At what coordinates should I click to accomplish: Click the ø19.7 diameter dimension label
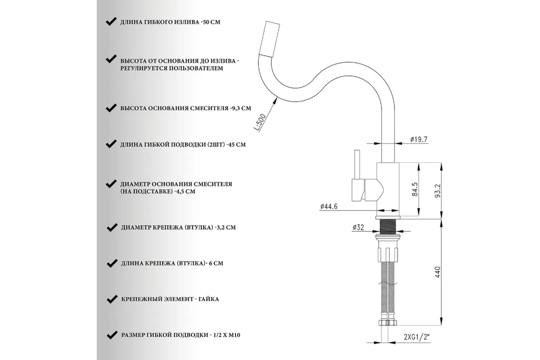coord(419,139)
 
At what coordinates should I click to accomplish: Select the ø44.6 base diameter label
coord(329,207)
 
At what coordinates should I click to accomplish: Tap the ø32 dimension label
coord(358,227)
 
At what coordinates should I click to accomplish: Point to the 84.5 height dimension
coord(414,189)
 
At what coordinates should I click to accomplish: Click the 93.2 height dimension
coord(437,191)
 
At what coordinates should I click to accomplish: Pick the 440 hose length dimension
coord(437,272)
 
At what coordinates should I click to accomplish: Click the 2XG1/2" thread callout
coord(417,337)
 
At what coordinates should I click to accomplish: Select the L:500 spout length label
coord(260,122)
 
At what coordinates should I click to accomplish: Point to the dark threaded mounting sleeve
coord(387,226)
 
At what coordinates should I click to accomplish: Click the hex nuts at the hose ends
coord(388,323)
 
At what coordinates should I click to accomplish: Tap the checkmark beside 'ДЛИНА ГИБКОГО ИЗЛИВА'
coord(111,22)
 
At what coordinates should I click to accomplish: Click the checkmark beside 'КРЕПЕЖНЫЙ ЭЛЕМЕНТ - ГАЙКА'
coord(112,299)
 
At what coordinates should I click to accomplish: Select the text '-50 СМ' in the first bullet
coord(210,22)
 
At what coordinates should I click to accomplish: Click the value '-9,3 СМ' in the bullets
coord(240,108)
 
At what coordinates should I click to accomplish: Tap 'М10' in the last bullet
coord(235,335)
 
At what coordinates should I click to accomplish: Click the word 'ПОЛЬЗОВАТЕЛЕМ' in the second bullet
coord(196,68)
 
